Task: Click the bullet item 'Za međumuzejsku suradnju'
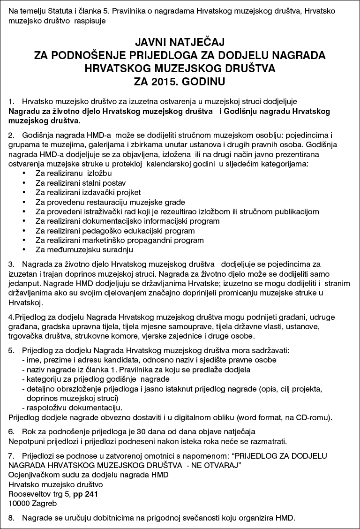pyautogui.click(x=84, y=250)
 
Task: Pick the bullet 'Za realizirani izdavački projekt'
pyautogui.click(x=88, y=192)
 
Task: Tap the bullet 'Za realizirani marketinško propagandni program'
pyautogui.click(x=120, y=240)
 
